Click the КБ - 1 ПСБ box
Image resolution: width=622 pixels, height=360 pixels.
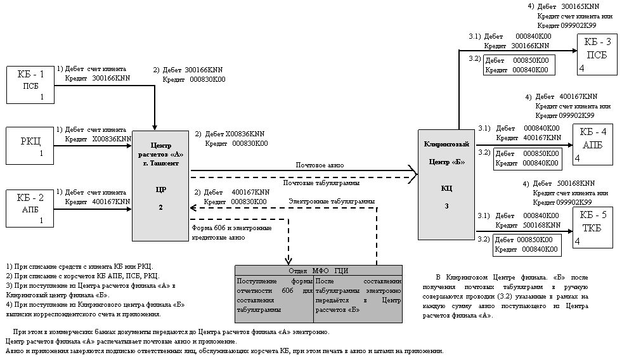(29, 84)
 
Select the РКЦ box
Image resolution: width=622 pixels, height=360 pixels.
(29, 146)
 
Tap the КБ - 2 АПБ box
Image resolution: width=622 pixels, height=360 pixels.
(29, 207)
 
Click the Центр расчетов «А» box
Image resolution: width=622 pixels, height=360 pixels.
(160, 185)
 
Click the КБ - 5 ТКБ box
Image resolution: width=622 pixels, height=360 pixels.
(594, 228)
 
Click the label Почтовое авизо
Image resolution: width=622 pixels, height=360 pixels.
(320, 165)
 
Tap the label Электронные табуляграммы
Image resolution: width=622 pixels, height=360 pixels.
(331, 202)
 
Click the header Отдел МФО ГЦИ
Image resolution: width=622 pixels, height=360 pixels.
(318, 270)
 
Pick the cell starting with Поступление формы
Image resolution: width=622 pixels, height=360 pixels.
(274, 294)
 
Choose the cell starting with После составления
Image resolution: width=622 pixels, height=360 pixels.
(358, 294)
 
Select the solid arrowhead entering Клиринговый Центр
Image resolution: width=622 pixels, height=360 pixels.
(413, 170)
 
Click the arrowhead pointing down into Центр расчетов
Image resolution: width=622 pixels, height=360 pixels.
(155, 126)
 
